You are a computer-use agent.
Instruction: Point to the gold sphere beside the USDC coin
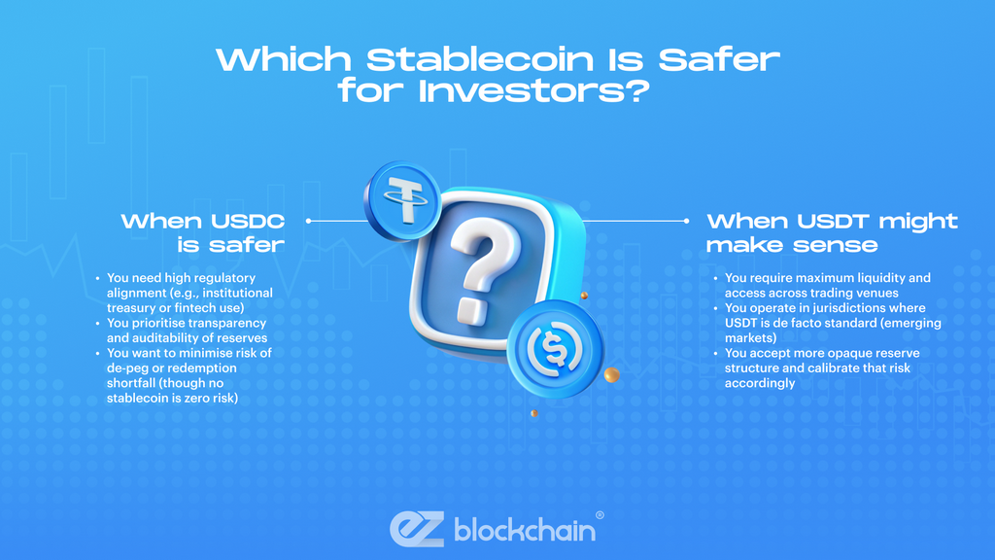611,374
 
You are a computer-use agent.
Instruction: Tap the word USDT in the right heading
838,222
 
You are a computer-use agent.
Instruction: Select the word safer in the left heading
246,245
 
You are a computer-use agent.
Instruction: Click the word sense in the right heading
836,245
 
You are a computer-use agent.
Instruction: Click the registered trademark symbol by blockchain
600,515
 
